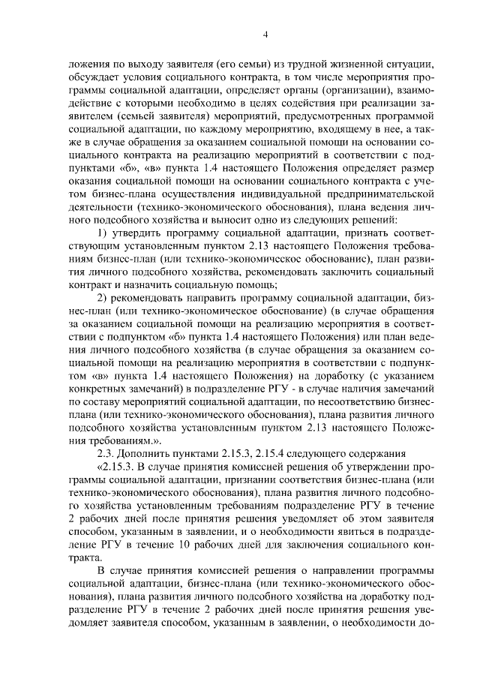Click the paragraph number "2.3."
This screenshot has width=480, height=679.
click(109, 467)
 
